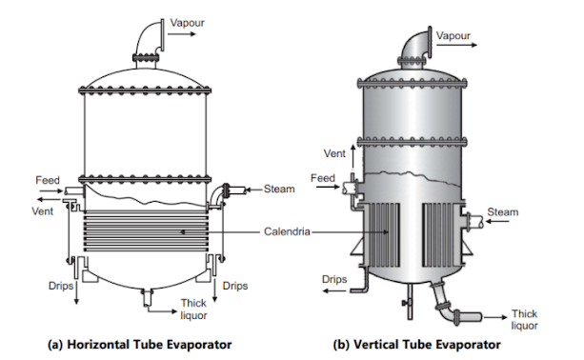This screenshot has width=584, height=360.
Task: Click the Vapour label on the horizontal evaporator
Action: (x=187, y=23)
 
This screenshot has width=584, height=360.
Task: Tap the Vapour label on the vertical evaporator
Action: (x=453, y=36)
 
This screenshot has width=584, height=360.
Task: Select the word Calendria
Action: (x=287, y=231)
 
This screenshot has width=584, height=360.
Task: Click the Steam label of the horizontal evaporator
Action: (x=279, y=190)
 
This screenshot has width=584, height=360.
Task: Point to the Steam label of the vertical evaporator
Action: (x=503, y=212)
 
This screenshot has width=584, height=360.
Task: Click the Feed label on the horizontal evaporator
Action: (x=48, y=180)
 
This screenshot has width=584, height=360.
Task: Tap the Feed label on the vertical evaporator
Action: (x=323, y=178)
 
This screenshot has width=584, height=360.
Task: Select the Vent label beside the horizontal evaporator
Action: (x=43, y=211)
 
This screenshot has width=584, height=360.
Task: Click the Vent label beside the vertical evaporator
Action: (x=334, y=153)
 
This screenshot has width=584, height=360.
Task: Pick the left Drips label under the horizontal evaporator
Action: (x=61, y=286)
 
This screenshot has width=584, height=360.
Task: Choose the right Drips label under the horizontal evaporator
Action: (x=235, y=286)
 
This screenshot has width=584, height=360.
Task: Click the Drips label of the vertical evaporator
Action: (x=334, y=279)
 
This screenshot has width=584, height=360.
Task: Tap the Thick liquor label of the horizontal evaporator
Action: (x=193, y=310)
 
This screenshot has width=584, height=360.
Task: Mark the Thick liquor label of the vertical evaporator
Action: (x=524, y=320)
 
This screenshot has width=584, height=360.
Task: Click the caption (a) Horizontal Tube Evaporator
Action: (x=140, y=345)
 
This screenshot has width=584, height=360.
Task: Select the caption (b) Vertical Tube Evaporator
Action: (x=416, y=345)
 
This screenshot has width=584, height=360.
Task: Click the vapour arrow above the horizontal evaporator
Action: (x=182, y=34)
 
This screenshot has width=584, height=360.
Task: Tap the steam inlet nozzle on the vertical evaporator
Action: (x=473, y=221)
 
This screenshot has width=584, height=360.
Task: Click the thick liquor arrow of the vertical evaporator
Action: (x=495, y=317)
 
